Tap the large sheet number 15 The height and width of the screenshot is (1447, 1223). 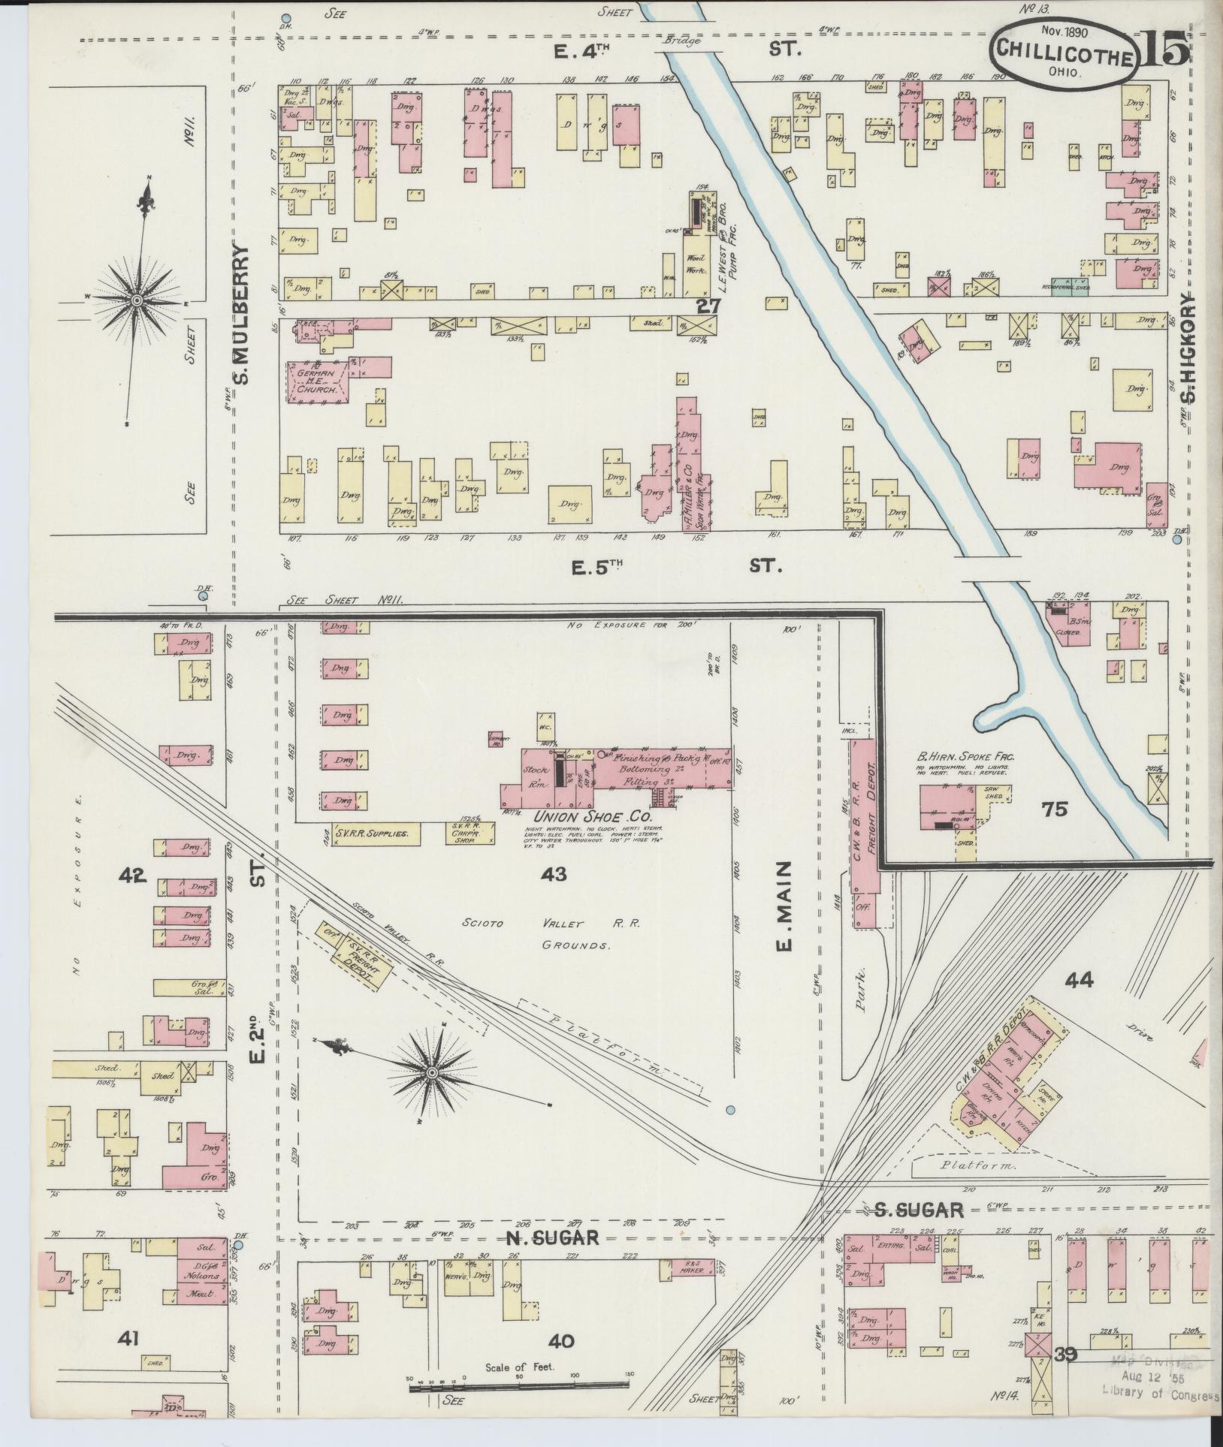(1165, 49)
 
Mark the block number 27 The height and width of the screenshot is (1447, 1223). (708, 306)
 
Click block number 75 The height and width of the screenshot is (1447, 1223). (1055, 809)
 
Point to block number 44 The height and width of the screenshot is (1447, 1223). (1078, 979)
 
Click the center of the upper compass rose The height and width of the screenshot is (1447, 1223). (137, 300)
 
